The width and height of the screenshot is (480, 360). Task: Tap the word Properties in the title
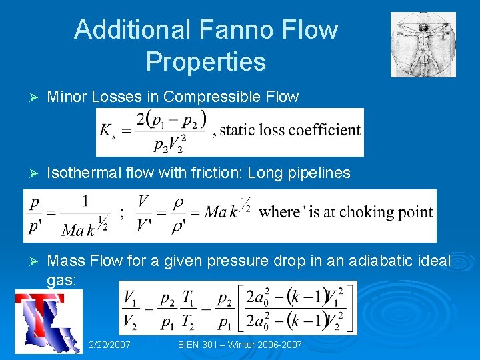pyautogui.click(x=206, y=61)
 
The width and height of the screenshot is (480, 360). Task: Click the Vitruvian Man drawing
pyautogui.click(x=423, y=44)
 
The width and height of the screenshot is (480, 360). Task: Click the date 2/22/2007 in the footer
pyautogui.click(x=110, y=345)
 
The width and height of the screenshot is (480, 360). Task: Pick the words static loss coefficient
pyautogui.click(x=290, y=131)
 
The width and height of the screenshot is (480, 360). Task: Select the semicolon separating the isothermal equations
pyautogui.click(x=121, y=215)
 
